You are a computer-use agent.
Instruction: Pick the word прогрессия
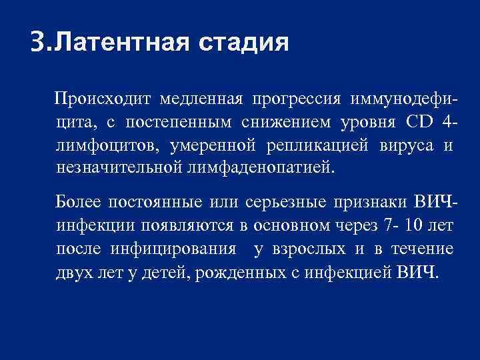(293, 99)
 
